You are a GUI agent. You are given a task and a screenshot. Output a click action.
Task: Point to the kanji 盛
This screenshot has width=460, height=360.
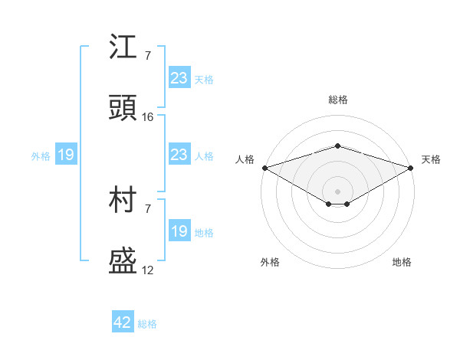[123, 261]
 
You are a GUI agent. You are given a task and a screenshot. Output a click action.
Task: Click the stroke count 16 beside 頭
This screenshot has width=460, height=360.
[148, 117]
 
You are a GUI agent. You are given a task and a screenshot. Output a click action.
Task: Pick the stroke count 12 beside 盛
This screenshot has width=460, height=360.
[148, 270]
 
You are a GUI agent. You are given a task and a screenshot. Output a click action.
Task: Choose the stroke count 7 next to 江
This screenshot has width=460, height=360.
[147, 55]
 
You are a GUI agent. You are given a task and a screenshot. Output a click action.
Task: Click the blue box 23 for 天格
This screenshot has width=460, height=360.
[179, 78]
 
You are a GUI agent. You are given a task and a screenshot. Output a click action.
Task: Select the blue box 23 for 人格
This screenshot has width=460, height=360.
[179, 155]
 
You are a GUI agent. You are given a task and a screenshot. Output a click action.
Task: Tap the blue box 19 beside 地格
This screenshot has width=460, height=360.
[179, 231]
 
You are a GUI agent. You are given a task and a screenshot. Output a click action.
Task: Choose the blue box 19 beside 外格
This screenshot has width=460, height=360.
[65, 155]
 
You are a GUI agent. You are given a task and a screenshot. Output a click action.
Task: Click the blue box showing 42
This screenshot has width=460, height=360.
[123, 322]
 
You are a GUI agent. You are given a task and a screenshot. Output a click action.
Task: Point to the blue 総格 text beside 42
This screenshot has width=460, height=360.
[147, 324]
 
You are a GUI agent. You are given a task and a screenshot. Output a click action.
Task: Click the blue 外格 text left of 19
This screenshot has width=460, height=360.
[41, 156]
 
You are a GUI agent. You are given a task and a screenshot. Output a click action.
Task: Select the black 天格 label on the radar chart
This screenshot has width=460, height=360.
[431, 159]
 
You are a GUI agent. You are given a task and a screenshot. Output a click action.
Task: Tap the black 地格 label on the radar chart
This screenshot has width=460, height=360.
[402, 262]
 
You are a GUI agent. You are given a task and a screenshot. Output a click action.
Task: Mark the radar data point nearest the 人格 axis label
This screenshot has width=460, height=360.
[264, 167]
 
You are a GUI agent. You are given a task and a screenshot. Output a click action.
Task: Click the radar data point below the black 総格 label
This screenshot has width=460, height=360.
[337, 146]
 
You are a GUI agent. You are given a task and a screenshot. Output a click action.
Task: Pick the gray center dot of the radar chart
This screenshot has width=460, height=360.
[337, 190]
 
